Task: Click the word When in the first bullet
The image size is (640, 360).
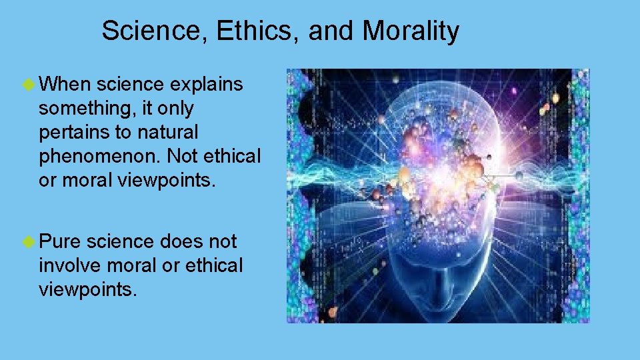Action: (65, 85)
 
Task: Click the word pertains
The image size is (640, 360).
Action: (75, 133)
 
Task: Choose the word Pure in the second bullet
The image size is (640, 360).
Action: (60, 241)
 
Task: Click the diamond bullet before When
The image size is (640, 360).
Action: (28, 85)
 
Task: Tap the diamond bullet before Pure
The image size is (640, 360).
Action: (28, 241)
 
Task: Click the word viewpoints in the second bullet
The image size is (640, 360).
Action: (87, 289)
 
